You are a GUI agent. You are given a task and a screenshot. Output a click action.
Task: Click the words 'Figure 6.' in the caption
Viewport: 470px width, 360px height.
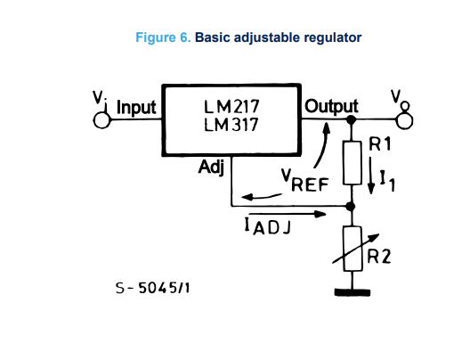162,37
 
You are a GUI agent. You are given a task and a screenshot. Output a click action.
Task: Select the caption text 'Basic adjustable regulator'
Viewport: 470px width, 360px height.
278,37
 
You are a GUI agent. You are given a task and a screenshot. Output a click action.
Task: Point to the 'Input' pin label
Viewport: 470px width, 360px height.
136,108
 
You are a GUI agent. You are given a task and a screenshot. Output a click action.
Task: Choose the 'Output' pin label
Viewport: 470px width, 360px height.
331,107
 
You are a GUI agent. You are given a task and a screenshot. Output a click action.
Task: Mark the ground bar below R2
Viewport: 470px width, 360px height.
352,292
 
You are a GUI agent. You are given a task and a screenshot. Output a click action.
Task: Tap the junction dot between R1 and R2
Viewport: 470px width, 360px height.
352,207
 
